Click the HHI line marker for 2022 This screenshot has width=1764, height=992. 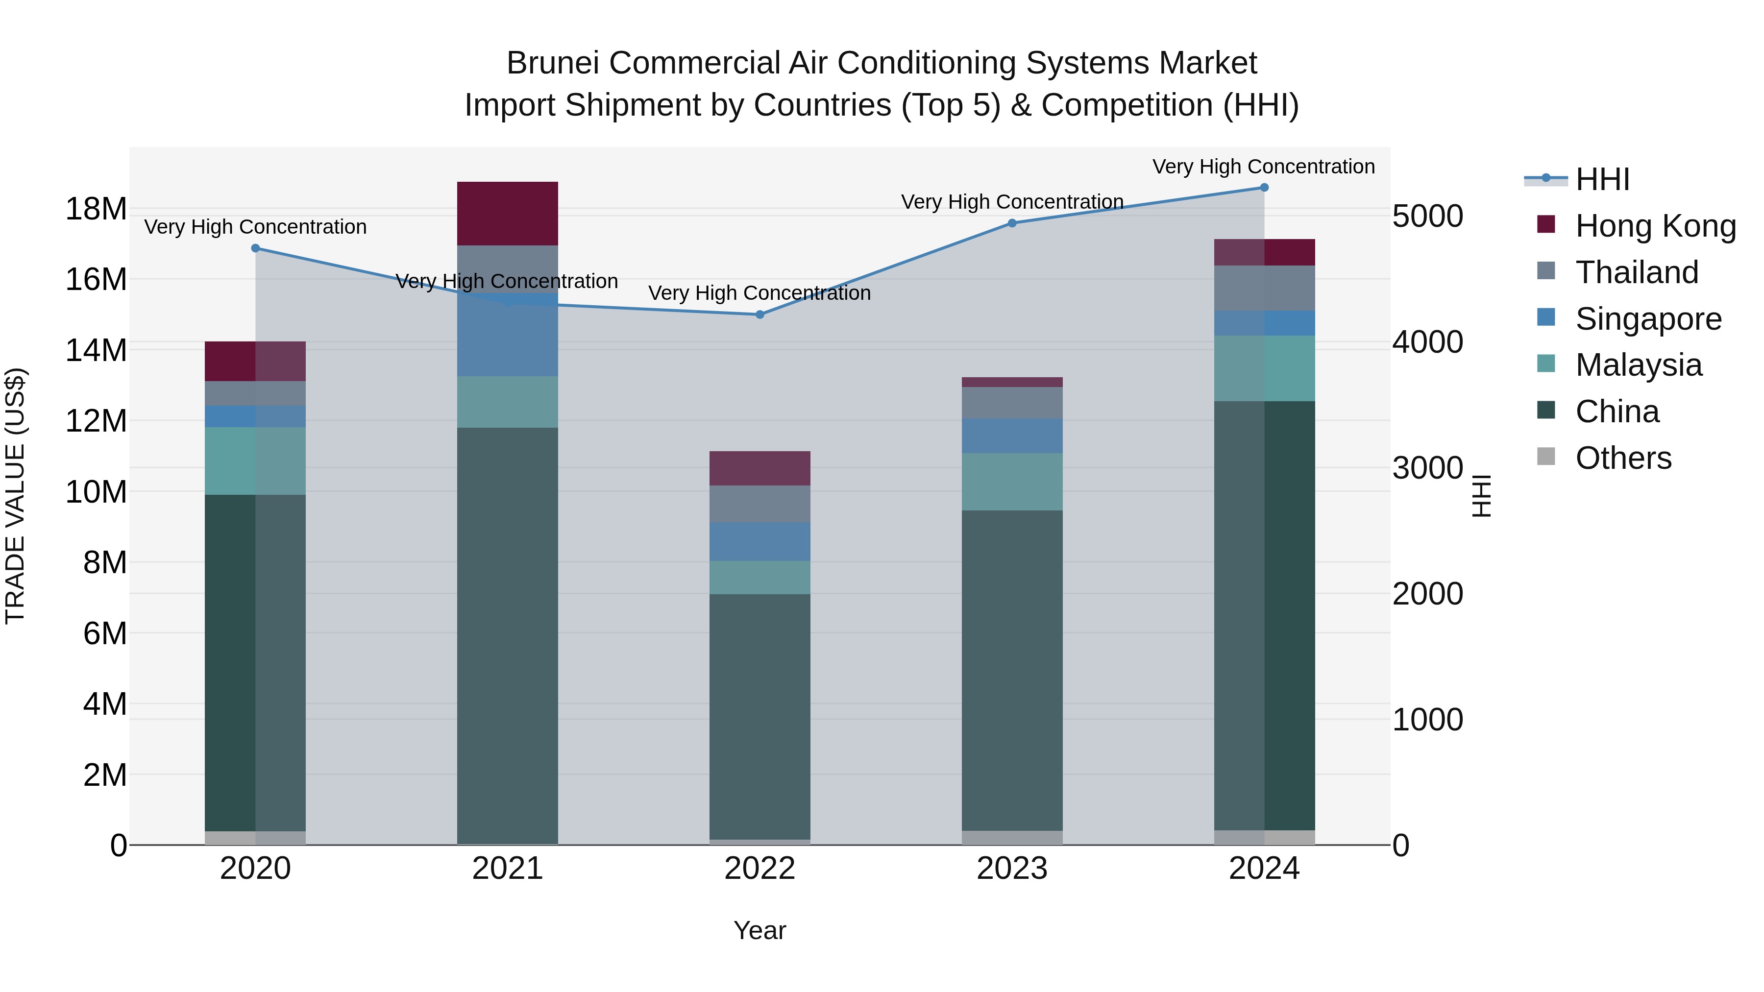759,314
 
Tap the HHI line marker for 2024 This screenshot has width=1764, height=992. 1264,188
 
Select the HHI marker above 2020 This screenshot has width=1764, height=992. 255,248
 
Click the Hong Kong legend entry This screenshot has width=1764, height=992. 1655,226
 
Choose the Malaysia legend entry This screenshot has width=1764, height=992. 1638,365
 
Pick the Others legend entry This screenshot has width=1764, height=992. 1623,458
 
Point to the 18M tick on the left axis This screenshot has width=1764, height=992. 96,209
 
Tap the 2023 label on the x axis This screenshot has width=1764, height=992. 1011,869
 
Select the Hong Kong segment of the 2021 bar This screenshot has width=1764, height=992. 508,213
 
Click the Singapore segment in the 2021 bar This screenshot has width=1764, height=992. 508,336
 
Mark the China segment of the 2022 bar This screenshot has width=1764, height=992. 759,715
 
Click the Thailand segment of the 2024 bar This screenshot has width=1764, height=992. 1264,288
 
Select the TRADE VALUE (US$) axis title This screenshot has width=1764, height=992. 15,496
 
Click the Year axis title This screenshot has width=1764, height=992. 759,930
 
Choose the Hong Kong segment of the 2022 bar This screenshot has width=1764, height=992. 759,468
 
